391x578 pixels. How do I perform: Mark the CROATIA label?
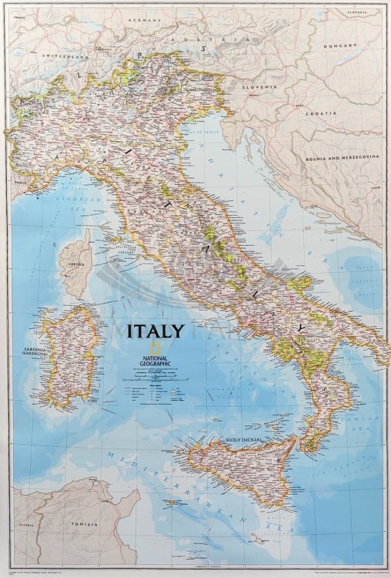click(322, 114)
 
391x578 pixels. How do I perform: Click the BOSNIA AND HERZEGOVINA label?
click(343, 156)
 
